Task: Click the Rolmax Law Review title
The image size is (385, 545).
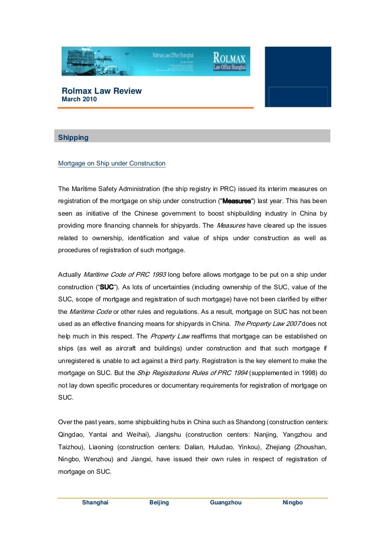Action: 102,91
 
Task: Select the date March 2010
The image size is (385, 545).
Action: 79,99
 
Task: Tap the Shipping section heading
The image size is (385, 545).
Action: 73,137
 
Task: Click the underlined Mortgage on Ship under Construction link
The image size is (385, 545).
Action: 112,163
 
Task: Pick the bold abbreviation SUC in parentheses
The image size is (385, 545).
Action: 107,287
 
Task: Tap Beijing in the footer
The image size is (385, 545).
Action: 159,502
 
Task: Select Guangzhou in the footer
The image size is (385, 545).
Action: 226,502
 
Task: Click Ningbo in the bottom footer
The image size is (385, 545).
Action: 293,502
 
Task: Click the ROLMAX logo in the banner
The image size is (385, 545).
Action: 230,61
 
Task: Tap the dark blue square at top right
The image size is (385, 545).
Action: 298,76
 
